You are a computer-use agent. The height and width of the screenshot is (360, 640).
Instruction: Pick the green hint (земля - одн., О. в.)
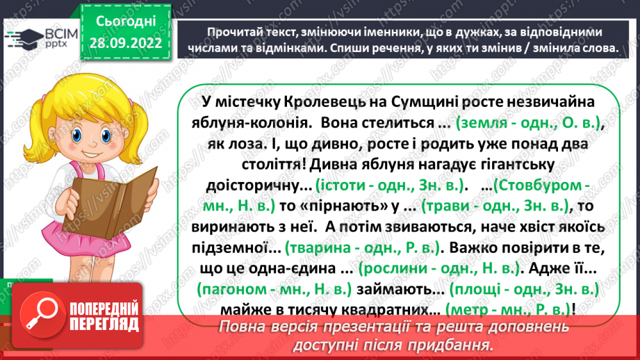click(528, 124)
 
